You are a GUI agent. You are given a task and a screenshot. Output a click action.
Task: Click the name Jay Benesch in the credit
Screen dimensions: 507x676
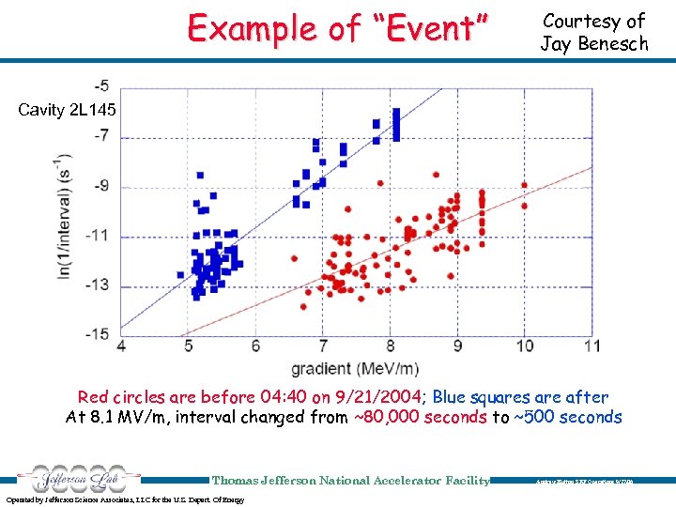click(x=593, y=43)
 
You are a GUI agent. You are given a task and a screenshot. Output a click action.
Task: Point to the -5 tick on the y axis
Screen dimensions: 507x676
click(x=100, y=85)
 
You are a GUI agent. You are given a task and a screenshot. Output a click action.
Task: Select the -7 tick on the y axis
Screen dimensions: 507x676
click(x=100, y=136)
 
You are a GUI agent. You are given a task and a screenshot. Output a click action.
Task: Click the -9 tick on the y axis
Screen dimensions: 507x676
click(x=100, y=186)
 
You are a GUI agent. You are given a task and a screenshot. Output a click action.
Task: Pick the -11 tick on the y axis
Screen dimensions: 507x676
click(x=98, y=235)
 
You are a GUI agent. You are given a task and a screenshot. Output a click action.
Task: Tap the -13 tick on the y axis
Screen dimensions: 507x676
click(x=98, y=284)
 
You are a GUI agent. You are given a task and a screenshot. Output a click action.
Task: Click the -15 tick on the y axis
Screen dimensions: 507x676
click(x=98, y=333)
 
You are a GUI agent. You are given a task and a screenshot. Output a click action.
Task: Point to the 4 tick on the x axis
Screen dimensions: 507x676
click(x=120, y=346)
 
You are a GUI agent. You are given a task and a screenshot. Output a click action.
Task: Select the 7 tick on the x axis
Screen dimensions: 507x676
click(x=323, y=346)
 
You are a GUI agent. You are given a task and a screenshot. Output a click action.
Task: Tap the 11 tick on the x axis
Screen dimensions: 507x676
click(x=591, y=346)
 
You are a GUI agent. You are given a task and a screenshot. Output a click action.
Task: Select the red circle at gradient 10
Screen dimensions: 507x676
click(x=525, y=185)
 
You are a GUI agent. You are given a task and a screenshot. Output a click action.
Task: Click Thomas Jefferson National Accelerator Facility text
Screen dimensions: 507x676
click(x=350, y=480)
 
